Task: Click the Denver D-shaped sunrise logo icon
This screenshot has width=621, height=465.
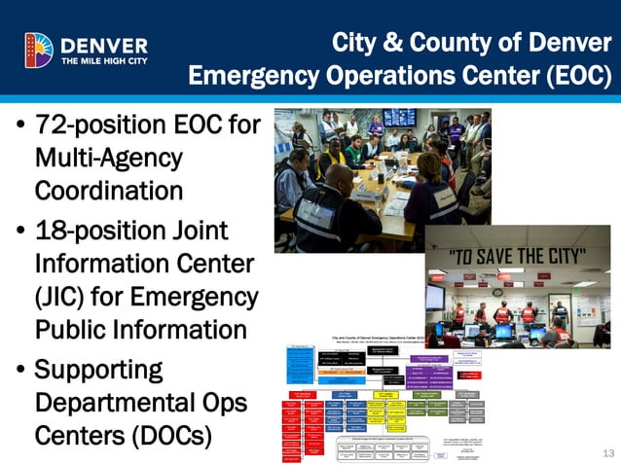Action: click(x=40, y=50)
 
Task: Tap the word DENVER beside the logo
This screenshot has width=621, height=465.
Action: click(x=104, y=45)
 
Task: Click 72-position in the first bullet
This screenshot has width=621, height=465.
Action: click(x=93, y=126)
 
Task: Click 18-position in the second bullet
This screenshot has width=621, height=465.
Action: click(x=93, y=232)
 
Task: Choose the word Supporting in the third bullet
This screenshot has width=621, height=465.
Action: click(x=98, y=371)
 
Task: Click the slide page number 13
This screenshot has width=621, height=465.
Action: click(x=609, y=453)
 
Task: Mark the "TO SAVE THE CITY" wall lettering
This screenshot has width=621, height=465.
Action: click(x=515, y=257)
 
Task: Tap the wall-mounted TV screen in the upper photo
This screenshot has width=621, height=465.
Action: click(x=400, y=117)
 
